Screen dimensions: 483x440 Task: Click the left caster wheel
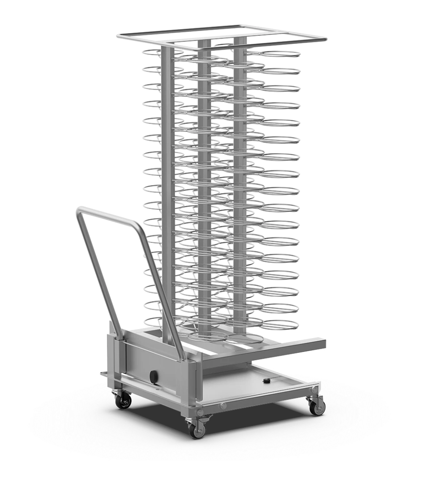[123, 401]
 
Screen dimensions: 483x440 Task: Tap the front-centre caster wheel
[197, 430]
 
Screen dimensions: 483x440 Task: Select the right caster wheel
[317, 407]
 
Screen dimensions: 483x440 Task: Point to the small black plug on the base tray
[267, 381]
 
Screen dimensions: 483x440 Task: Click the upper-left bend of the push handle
[81, 210]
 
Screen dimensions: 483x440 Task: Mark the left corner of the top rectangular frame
[118, 35]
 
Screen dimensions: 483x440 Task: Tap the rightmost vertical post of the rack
[239, 179]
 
